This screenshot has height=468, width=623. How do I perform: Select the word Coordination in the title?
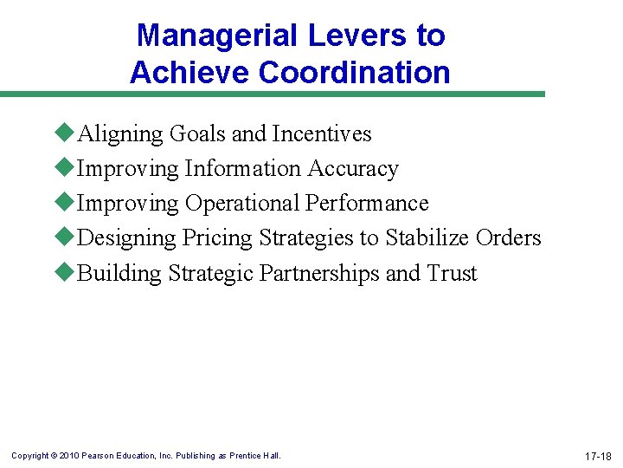tap(356, 73)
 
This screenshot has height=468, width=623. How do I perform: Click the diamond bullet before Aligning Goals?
tap(65, 133)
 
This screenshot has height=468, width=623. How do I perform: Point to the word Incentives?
tap(321, 134)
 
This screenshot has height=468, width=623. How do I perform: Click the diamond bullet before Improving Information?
tap(65, 167)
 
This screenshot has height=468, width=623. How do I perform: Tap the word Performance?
tap(367, 204)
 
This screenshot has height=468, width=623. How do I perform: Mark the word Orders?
tap(509, 238)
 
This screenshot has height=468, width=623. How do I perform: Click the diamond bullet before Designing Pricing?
tap(65, 237)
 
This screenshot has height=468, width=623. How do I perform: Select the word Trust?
tap(452, 274)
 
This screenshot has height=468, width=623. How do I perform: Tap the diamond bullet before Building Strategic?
tap(65, 272)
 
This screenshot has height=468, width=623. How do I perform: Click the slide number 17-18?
tap(597, 456)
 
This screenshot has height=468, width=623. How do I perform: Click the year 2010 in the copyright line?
tap(68, 456)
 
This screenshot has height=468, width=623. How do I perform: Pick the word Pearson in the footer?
tap(97, 456)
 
